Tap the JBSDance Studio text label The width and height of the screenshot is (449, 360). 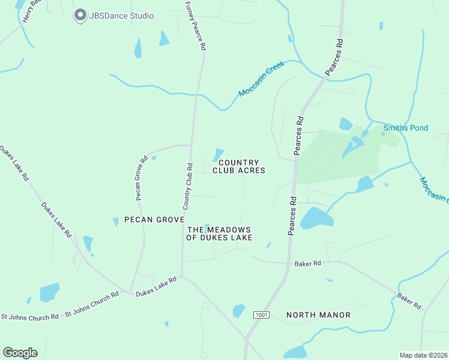122,16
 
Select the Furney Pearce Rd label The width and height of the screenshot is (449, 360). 197,26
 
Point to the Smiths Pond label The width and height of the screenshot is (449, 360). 406,128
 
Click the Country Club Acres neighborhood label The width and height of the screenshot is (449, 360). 239,166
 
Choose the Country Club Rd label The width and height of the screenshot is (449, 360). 187,186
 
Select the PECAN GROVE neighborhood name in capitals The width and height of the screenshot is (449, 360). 154,220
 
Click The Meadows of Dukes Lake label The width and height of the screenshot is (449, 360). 219,234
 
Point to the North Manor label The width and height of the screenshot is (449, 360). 318,314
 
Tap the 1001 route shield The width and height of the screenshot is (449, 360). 261,315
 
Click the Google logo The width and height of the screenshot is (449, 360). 20,353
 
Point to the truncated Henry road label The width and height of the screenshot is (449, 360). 31,11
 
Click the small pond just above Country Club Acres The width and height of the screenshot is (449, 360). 218,154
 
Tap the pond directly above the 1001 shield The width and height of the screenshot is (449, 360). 239,311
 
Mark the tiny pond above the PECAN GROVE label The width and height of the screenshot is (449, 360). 116,222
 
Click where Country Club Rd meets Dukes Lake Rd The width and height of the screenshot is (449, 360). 182,277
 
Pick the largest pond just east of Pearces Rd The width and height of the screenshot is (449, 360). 316,218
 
